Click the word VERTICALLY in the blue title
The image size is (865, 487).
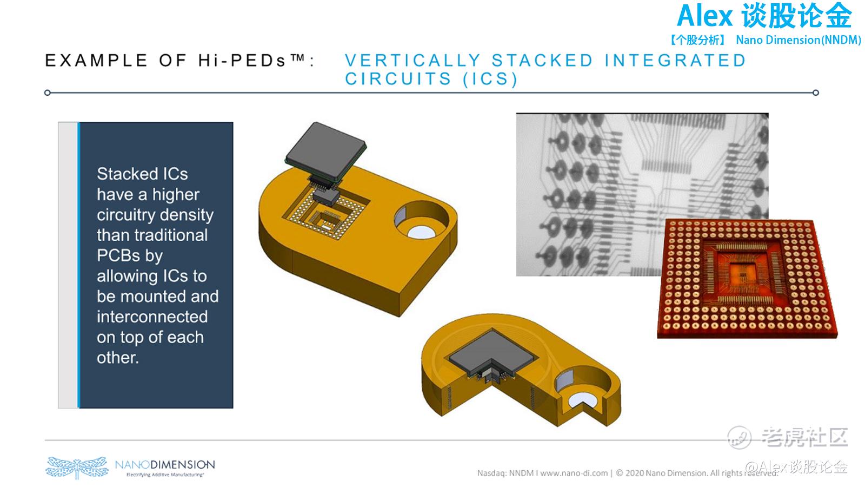click(412, 60)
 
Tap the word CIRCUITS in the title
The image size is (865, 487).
click(398, 79)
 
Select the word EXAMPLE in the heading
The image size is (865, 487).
click(96, 60)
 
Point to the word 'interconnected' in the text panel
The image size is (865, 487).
click(152, 317)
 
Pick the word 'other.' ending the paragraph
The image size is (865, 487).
click(117, 358)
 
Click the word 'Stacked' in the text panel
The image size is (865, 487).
click(127, 174)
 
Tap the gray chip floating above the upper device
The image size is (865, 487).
click(326, 151)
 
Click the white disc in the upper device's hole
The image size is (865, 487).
click(421, 232)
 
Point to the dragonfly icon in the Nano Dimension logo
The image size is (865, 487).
click(77, 468)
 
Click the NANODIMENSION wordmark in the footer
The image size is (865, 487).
click(165, 464)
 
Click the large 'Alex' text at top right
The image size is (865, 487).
click(705, 16)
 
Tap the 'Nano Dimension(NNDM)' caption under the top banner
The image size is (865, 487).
click(798, 40)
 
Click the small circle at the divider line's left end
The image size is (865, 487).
click(48, 93)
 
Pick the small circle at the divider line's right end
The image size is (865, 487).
click(816, 93)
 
